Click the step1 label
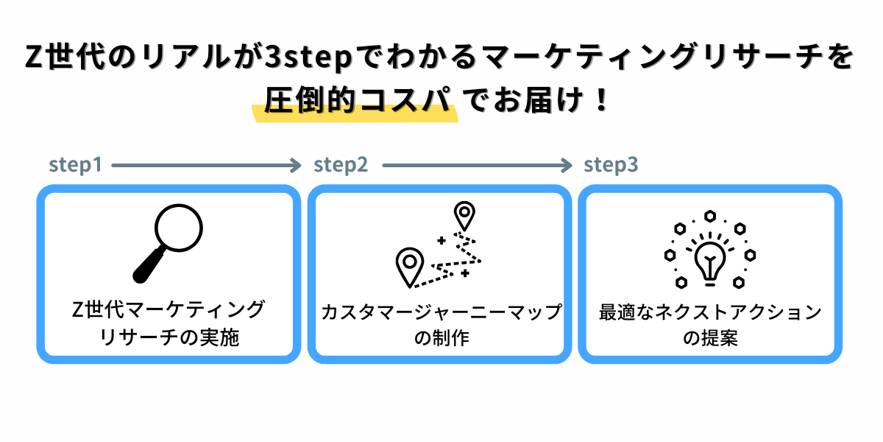click(75, 166)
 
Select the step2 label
click(341, 166)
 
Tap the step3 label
click(611, 166)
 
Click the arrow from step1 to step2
click(207, 166)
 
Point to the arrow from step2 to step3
click(477, 166)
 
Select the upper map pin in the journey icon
click(464, 215)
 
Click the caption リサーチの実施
click(169, 339)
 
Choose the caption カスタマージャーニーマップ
click(441, 312)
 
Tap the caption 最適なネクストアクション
click(710, 312)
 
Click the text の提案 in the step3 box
click(710, 339)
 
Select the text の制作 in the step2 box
click(441, 339)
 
